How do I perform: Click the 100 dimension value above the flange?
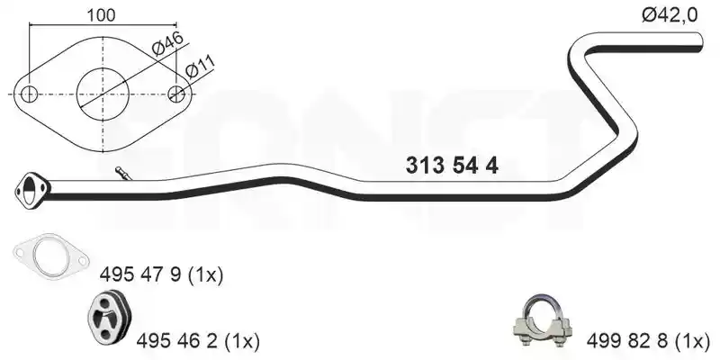click(x=101, y=15)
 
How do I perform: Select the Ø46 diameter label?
click(x=167, y=43)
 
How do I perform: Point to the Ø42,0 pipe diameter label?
click(x=670, y=15)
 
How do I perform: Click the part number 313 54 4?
click(x=452, y=166)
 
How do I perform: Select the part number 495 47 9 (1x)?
click(x=161, y=275)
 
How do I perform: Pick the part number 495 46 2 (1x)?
click(x=198, y=341)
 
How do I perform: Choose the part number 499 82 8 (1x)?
click(x=648, y=341)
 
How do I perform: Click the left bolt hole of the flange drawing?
click(x=29, y=94)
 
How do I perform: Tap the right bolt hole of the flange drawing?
click(x=176, y=94)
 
